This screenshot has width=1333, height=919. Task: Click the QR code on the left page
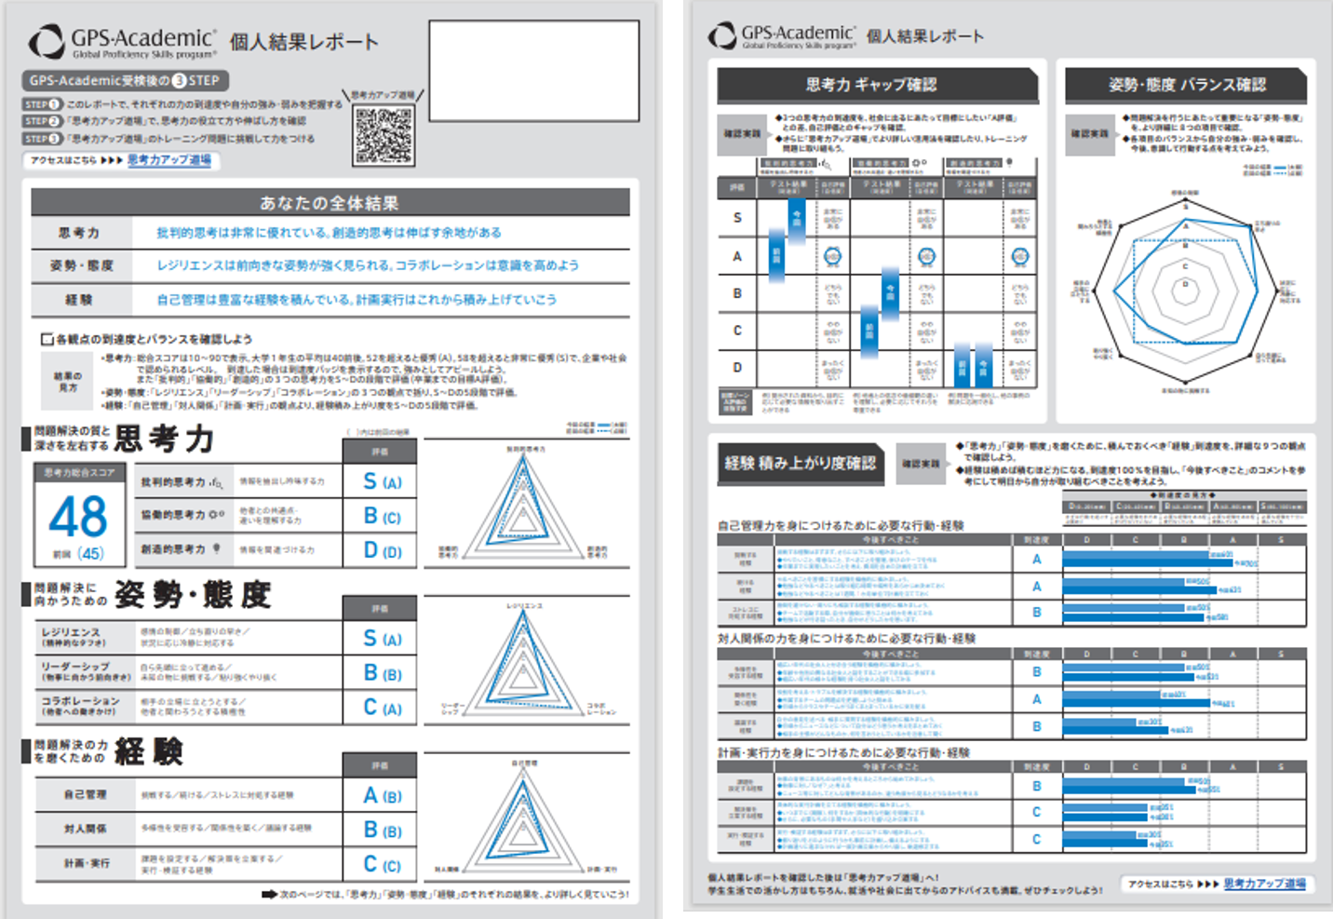(384, 135)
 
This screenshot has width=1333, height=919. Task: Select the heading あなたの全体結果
(330, 203)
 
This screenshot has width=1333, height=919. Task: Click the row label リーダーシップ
(74, 671)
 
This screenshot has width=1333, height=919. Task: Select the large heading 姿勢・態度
(192, 595)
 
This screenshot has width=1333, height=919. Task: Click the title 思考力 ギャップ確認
(871, 85)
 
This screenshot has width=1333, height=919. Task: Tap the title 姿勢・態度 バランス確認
(1187, 85)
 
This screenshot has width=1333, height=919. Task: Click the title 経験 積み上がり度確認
(801, 463)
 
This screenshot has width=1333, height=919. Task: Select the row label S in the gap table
(737, 218)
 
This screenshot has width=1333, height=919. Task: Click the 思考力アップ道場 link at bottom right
(1264, 884)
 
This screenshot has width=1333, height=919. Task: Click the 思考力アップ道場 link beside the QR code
(169, 160)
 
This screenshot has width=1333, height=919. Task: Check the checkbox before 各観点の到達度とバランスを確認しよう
(47, 339)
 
